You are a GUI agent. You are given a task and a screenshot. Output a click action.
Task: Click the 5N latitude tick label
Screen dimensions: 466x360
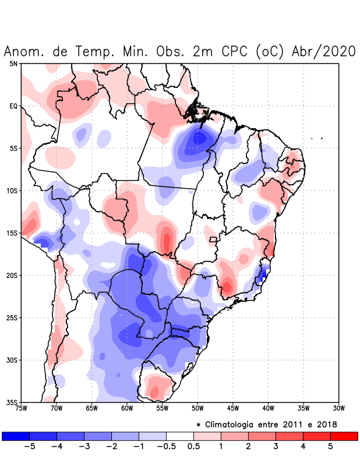click(x=13, y=63)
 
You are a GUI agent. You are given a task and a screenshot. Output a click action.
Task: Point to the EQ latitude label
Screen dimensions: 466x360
click(x=13, y=106)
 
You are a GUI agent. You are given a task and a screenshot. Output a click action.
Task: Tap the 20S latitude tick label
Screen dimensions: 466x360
click(x=12, y=276)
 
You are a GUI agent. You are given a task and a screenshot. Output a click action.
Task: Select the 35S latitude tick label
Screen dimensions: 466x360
click(x=12, y=403)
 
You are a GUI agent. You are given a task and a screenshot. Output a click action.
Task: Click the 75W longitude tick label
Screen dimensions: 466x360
click(x=21, y=408)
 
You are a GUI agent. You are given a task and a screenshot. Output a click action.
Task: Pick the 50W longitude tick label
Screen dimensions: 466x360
click(x=197, y=408)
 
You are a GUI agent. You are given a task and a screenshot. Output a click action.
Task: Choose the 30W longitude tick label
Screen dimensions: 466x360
click(x=339, y=408)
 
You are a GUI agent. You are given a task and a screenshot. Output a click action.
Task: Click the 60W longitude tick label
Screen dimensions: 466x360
click(x=127, y=408)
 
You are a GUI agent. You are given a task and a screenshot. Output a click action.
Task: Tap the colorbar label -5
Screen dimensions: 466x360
click(x=29, y=447)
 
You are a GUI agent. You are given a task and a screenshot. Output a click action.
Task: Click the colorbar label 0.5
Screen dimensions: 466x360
click(x=193, y=447)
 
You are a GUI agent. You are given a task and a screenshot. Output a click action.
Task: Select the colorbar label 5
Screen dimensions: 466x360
click(x=330, y=447)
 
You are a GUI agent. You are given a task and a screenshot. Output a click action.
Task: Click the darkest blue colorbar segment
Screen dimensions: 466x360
click(x=16, y=436)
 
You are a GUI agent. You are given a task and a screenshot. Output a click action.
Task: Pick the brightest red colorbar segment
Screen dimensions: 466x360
click(x=344, y=436)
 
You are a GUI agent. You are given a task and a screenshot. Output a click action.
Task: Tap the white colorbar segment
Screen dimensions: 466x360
click(x=179, y=436)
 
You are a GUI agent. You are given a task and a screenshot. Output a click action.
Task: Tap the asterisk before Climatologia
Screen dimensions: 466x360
click(x=199, y=425)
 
